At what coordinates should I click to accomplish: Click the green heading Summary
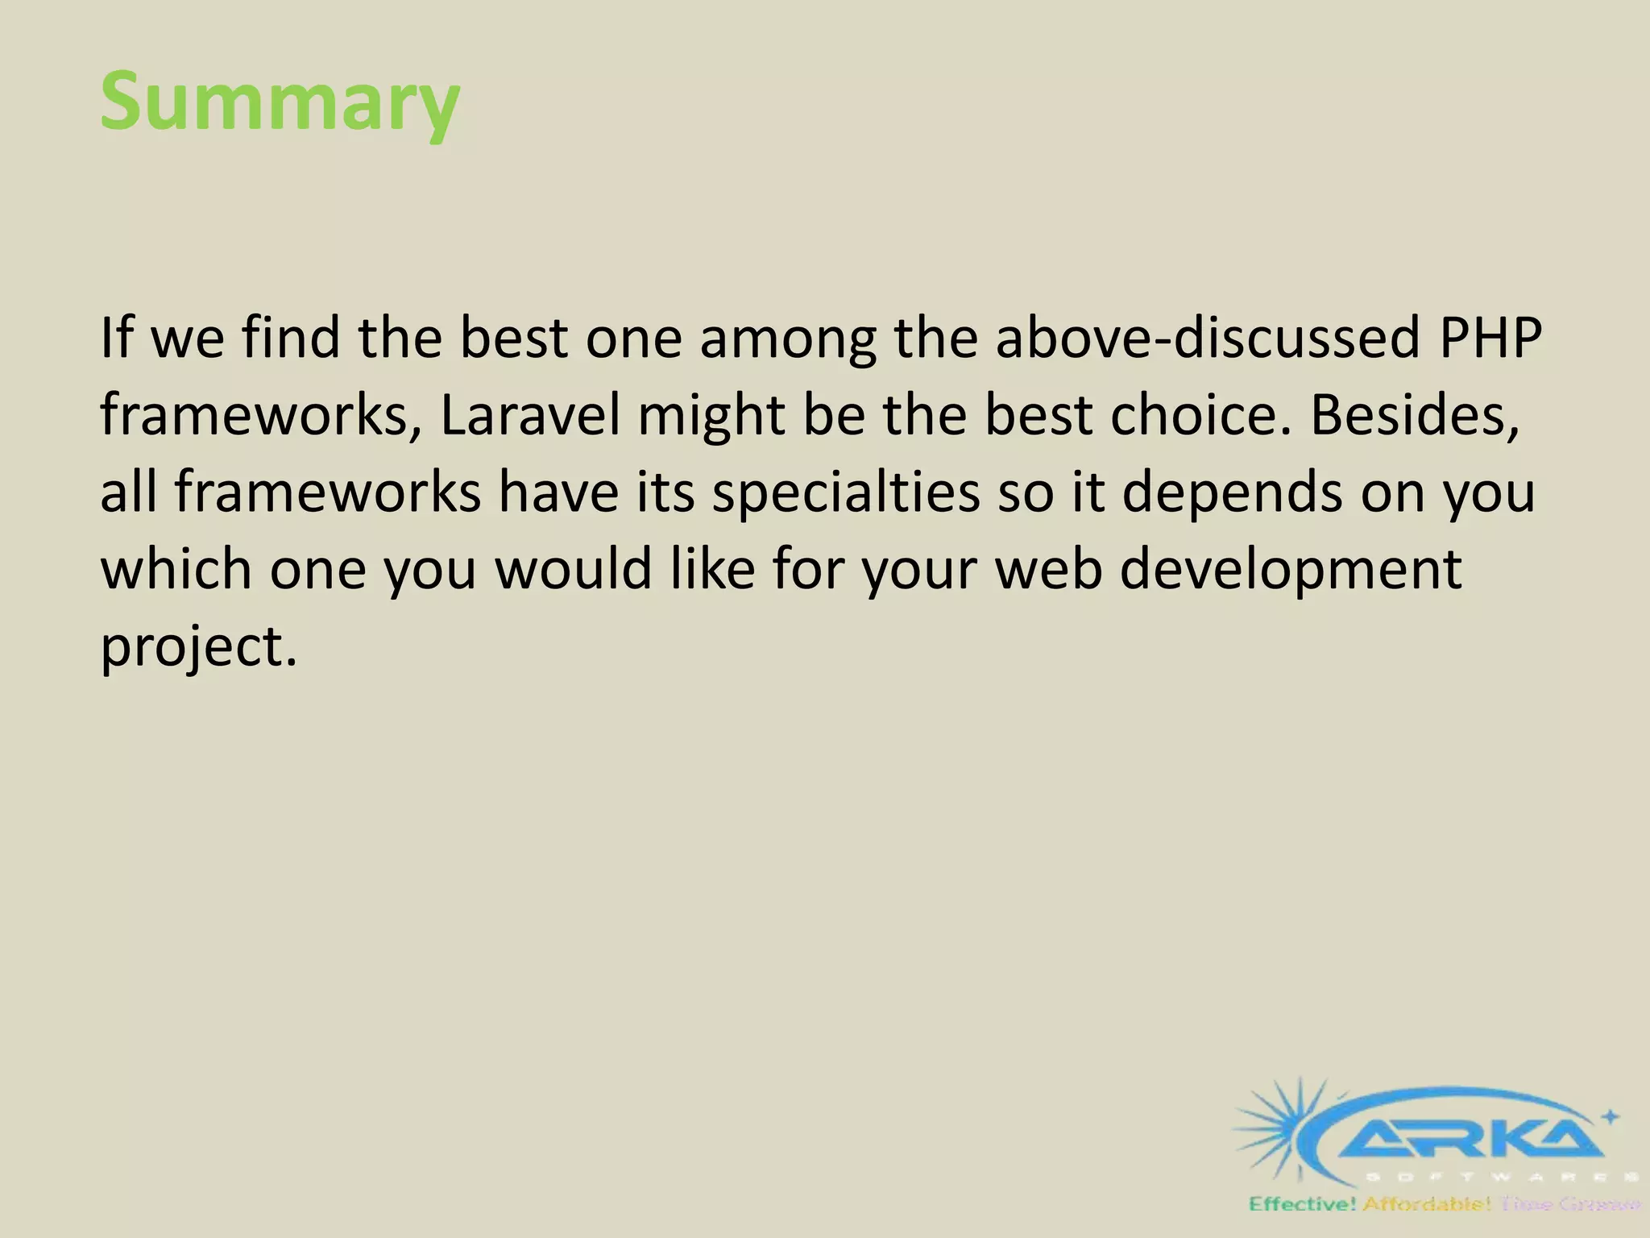pos(280,102)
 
